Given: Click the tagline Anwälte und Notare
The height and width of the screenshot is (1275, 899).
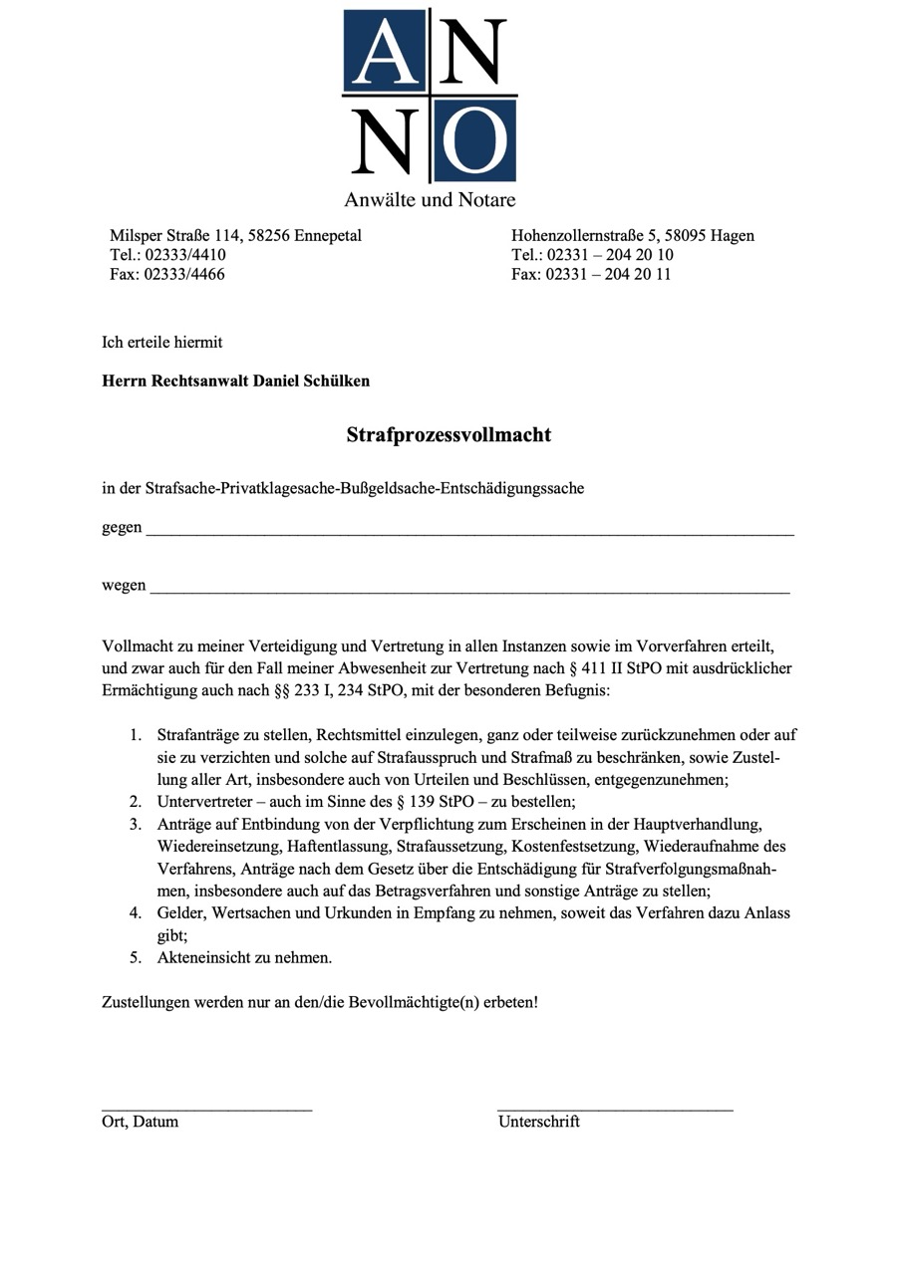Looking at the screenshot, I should (x=430, y=199).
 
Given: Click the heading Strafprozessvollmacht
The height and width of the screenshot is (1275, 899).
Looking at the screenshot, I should (x=449, y=435).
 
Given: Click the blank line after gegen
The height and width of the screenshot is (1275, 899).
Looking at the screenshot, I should (x=469, y=534).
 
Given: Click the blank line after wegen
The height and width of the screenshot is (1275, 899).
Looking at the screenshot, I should (x=469, y=592).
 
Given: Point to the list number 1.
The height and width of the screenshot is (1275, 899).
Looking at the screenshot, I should (x=135, y=736).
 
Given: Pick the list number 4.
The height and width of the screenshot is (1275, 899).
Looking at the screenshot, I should (x=135, y=913).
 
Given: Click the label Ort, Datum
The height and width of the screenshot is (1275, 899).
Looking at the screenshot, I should (x=141, y=1122).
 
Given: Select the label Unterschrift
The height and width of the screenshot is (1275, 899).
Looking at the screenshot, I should (x=539, y=1122).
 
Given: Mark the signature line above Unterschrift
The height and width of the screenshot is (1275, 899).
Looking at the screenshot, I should (x=615, y=1108).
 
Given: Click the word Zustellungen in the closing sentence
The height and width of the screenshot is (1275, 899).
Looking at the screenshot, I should (x=148, y=1001).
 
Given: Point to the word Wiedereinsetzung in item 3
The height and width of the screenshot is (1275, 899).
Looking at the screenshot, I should (x=216, y=847).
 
